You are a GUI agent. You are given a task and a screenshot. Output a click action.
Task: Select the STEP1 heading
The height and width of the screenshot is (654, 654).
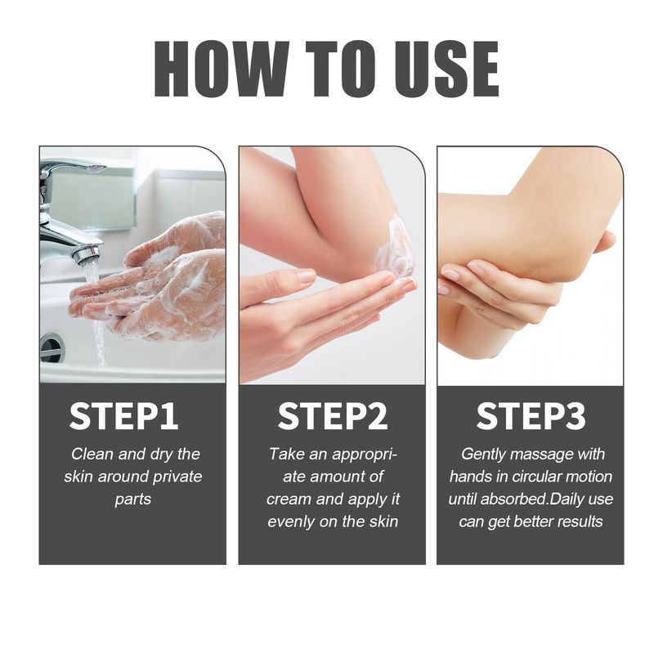[123, 416]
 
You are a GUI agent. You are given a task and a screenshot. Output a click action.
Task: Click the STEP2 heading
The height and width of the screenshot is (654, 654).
[332, 416]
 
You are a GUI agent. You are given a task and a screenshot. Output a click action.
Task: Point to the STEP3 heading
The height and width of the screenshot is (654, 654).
[531, 416]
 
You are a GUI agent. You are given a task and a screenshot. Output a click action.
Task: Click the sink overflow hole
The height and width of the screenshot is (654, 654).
[52, 347]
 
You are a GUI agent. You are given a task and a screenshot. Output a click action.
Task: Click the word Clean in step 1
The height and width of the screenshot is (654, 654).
[92, 454]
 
